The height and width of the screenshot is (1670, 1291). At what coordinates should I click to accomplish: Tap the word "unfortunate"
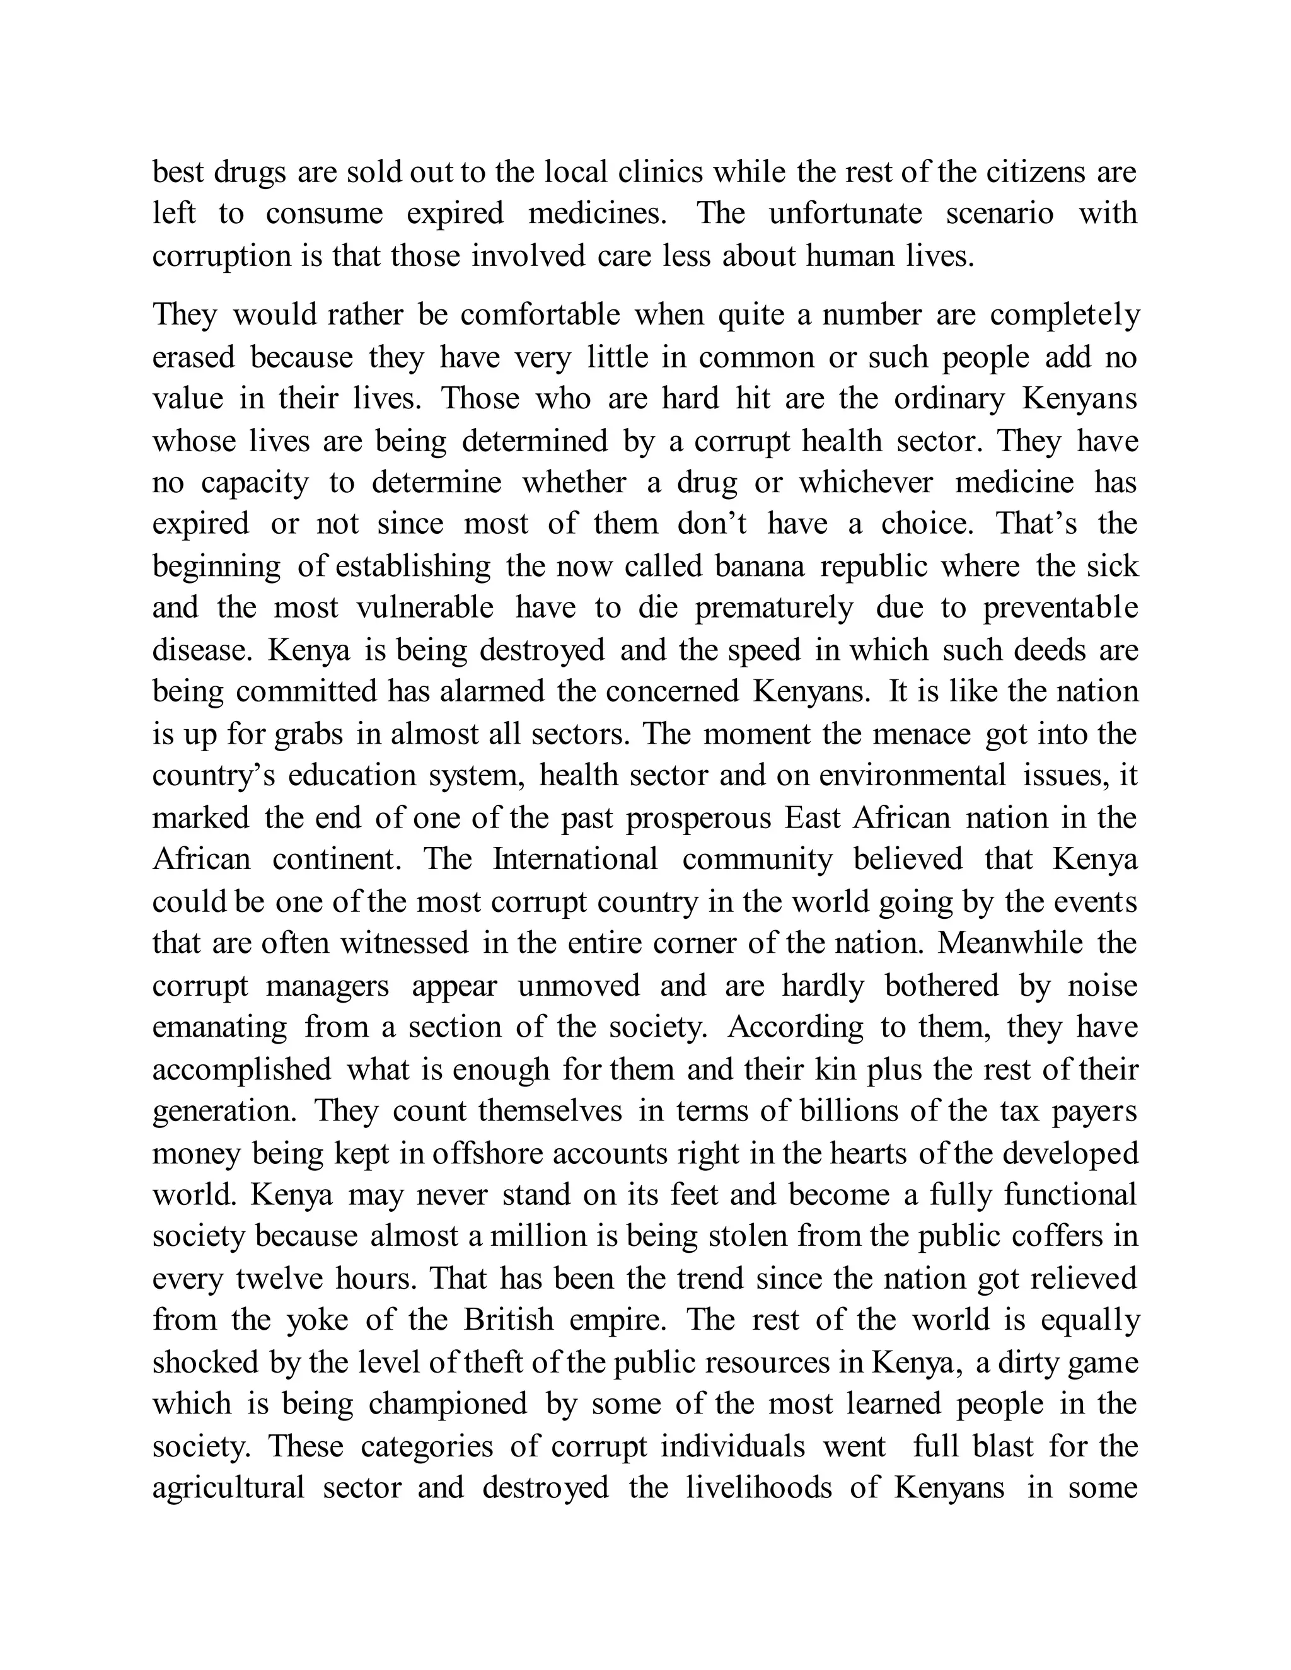pyautogui.click(x=845, y=214)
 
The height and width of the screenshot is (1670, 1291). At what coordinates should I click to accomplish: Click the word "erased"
pyautogui.click(x=194, y=357)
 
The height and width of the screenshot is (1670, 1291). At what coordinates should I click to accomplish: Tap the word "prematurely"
pyautogui.click(x=773, y=608)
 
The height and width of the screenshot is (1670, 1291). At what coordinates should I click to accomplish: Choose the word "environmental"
pyautogui.click(x=912, y=775)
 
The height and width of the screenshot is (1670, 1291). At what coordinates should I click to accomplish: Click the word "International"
pyautogui.click(x=575, y=860)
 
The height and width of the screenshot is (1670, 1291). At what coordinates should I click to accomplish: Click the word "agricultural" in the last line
pyautogui.click(x=228, y=1488)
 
